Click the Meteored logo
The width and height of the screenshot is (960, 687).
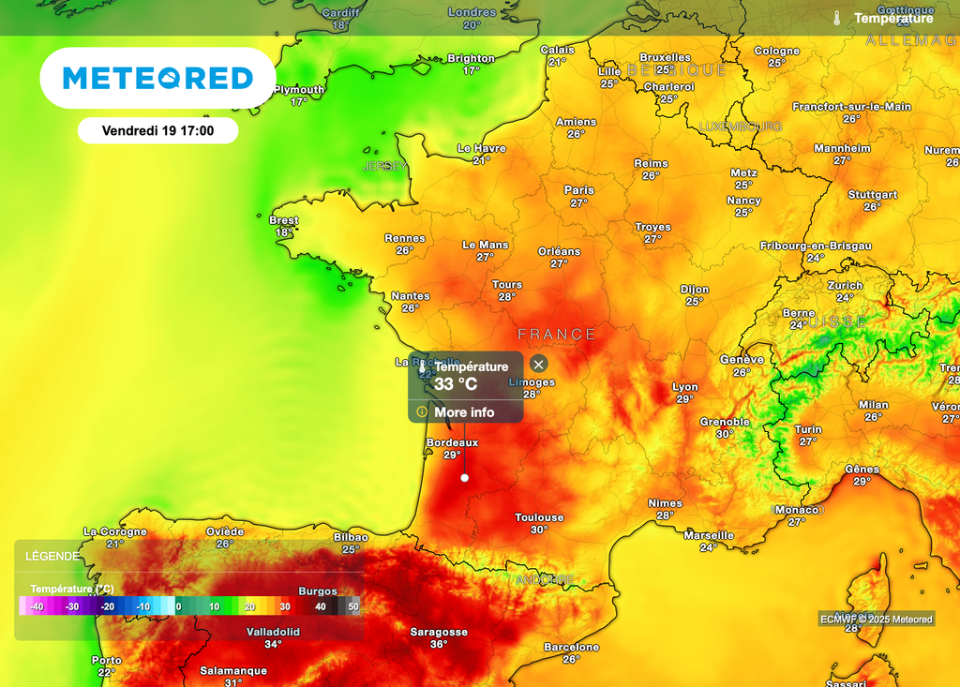[x=157, y=78]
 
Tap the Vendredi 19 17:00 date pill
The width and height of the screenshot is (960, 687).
[x=157, y=130]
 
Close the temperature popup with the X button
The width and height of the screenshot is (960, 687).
[x=538, y=365]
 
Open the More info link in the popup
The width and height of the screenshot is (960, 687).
[x=464, y=412]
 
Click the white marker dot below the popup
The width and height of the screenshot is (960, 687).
[x=464, y=478]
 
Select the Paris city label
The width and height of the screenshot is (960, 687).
[x=578, y=190]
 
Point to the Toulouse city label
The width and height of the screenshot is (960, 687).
[x=539, y=517]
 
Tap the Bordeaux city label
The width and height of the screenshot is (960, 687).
[x=452, y=442]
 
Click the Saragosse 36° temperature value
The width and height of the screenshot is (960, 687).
[x=439, y=645]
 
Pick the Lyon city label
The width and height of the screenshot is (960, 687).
[x=685, y=387]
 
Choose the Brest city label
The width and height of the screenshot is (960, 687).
[x=283, y=220]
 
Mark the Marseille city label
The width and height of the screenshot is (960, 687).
[x=709, y=535]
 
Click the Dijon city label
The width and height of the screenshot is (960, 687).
[x=694, y=290]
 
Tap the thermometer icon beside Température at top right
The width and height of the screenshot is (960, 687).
[x=836, y=18]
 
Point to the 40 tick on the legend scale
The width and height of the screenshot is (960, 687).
[x=320, y=606]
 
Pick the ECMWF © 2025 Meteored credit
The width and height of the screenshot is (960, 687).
[x=876, y=619]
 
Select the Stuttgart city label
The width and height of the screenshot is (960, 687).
[x=872, y=195]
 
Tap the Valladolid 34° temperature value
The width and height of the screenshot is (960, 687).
[x=272, y=645]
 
